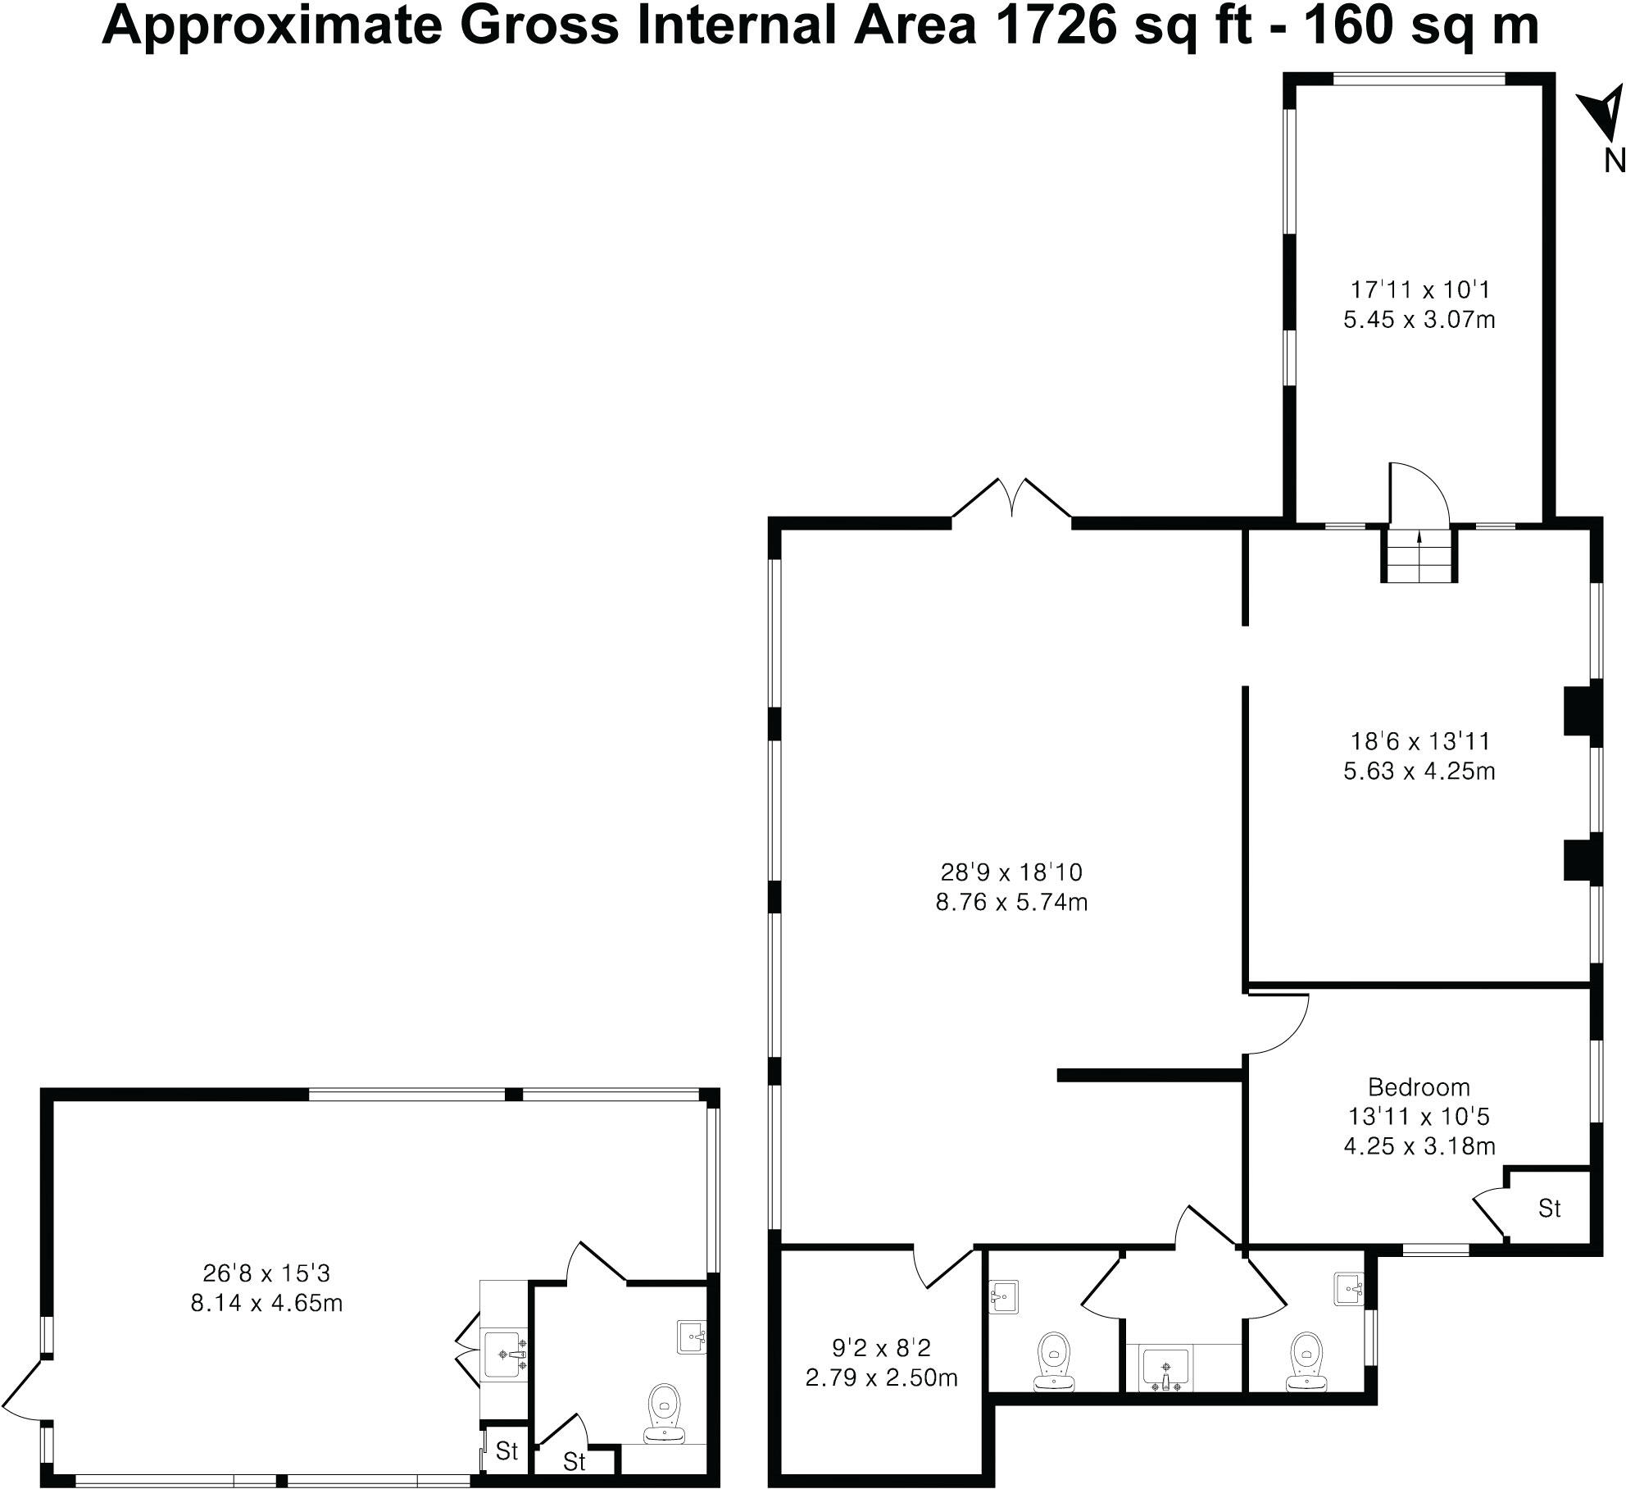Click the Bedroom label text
(1419, 1087)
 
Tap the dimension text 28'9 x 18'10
(1011, 871)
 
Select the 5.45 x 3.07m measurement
(1419, 319)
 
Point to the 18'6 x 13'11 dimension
(1419, 741)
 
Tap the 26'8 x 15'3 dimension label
(266, 1273)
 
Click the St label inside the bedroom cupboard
(1549, 1208)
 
